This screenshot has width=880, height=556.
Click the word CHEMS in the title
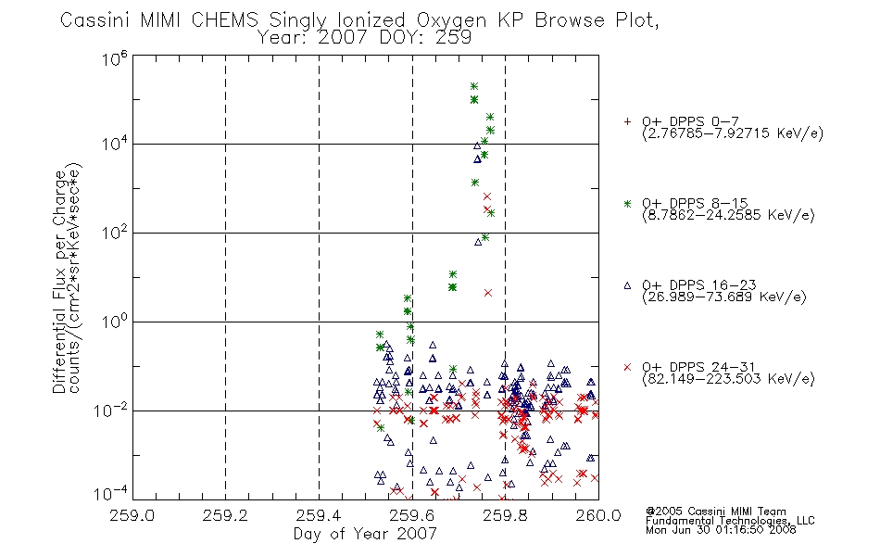pos(224,20)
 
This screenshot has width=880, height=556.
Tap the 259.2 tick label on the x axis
pos(225,515)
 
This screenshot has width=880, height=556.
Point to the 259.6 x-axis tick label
pos(412,515)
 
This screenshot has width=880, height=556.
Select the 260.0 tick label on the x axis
pos(598,515)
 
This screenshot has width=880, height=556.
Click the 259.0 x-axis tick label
pos(132,515)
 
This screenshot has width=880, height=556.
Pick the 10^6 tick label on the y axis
pos(115,57)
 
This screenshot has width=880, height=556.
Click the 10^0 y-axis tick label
pos(115,322)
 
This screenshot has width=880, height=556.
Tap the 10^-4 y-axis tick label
pos(111,493)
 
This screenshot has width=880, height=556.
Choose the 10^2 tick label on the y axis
pos(115,232)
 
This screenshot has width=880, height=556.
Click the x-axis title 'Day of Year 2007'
pos(365,534)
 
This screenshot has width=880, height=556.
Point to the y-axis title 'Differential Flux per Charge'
pos(59,282)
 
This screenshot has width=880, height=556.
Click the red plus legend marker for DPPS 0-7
pos(627,121)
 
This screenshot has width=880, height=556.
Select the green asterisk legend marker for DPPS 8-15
pos(627,203)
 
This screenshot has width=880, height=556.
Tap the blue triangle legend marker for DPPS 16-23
pos(627,285)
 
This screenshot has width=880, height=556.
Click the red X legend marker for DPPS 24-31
pos(627,367)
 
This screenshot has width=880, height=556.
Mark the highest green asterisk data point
pos(473,86)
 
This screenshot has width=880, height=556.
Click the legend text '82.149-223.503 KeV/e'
pos(728,379)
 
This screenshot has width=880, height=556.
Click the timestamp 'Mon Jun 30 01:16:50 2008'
pos(721,530)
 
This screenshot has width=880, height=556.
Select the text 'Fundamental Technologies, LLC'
pos(730,521)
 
